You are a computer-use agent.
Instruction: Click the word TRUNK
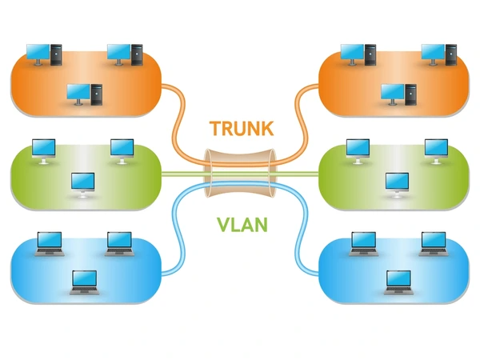pyautogui.click(x=242, y=128)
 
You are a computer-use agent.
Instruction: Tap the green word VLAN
pyautogui.click(x=242, y=225)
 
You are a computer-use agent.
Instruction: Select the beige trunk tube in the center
pyautogui.click(x=240, y=174)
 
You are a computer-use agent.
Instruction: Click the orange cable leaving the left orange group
pyautogui.click(x=181, y=122)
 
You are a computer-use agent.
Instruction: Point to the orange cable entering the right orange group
pyautogui.click(x=302, y=122)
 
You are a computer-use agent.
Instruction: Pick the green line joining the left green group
pyautogui.click(x=184, y=174)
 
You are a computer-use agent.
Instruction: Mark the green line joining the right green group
pyautogui.click(x=297, y=174)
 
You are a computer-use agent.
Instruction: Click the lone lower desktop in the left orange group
pyautogui.click(x=85, y=94)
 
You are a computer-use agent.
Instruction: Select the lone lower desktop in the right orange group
pyautogui.click(x=398, y=94)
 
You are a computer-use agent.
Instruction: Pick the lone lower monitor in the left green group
pyautogui.click(x=83, y=185)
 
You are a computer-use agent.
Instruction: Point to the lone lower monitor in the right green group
pyautogui.click(x=397, y=185)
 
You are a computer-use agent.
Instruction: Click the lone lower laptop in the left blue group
pyautogui.click(x=85, y=282)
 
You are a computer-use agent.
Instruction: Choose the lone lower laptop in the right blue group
pyautogui.click(x=398, y=282)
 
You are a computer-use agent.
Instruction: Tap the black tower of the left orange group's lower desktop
pyautogui.click(x=97, y=94)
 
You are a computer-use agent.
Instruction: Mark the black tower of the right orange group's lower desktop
pyautogui.click(x=410, y=94)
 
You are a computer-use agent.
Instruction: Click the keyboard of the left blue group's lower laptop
pyautogui.click(x=85, y=291)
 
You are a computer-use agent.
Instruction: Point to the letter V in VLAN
pyautogui.click(x=224, y=225)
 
